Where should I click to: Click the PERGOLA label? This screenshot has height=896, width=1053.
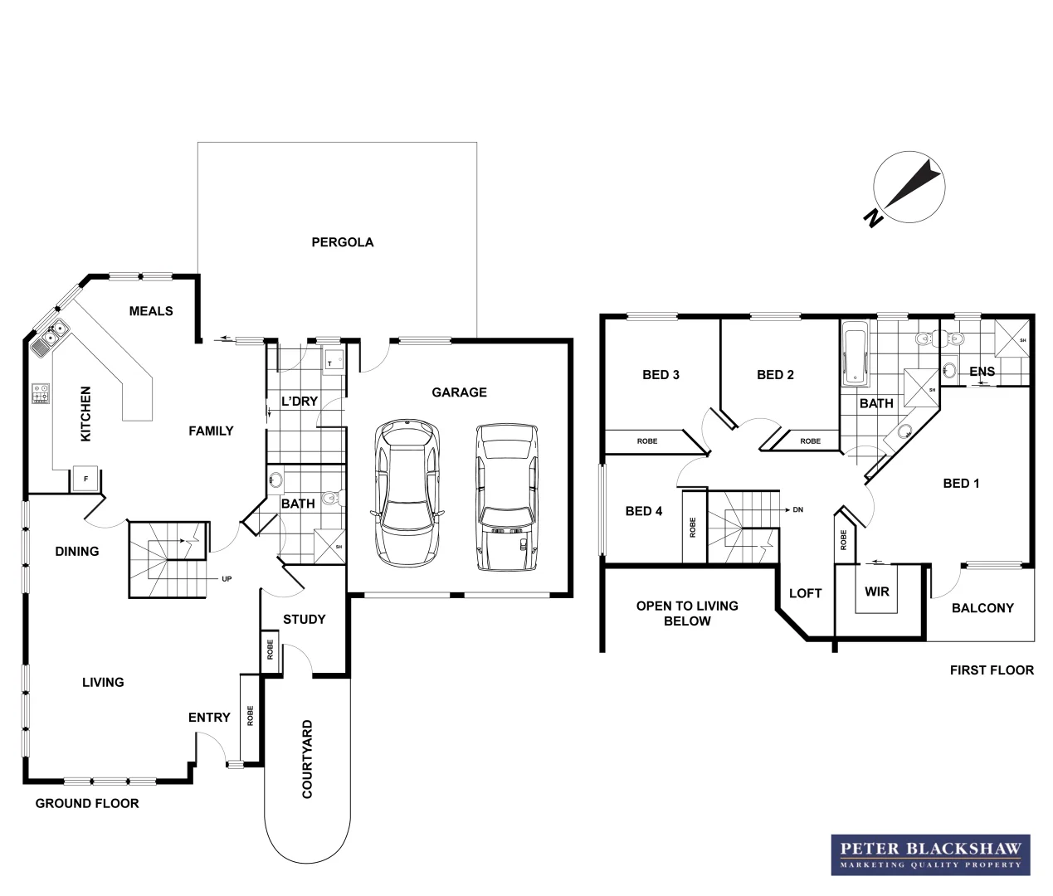tap(342, 242)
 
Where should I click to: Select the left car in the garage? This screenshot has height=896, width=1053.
tap(407, 493)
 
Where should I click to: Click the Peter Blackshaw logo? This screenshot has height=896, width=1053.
tap(930, 855)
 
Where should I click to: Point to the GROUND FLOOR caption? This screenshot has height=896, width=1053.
tap(87, 803)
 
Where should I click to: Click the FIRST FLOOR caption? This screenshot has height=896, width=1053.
tap(992, 670)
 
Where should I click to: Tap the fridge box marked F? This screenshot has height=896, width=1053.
tap(84, 479)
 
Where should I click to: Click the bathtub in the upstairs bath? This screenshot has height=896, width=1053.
tap(854, 358)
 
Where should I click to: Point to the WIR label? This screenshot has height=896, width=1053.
tap(876, 592)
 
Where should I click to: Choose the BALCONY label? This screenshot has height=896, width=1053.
tap(982, 608)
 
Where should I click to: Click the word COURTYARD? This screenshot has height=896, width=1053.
tap(308, 759)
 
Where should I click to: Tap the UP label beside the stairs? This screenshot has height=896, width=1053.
tap(227, 578)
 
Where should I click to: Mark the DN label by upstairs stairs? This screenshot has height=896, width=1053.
tap(798, 509)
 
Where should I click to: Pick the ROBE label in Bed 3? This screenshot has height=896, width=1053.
tap(647, 441)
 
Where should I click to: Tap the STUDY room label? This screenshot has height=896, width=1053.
tap(304, 619)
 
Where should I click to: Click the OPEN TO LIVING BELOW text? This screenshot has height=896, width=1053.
tap(687, 613)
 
